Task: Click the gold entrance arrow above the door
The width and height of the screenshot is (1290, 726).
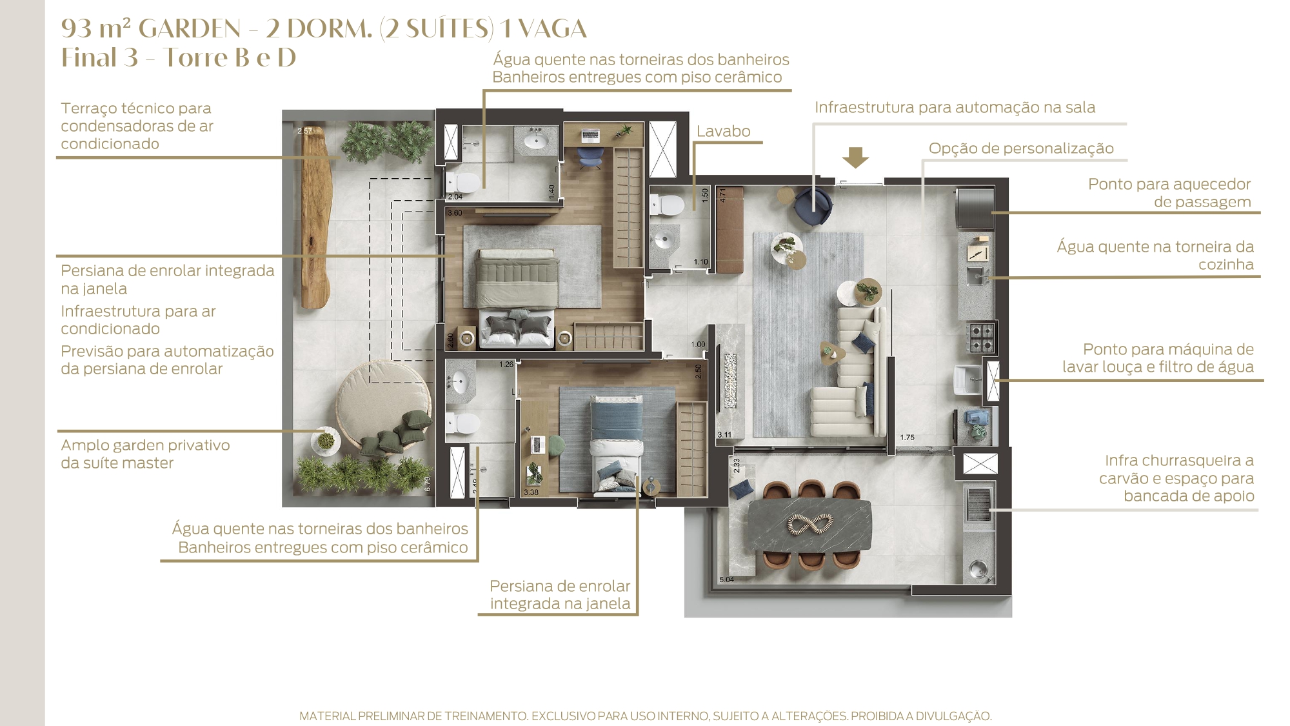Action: [855, 157]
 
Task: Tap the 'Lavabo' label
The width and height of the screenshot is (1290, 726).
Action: [723, 131]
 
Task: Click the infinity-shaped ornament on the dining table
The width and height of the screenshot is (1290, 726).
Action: [810, 525]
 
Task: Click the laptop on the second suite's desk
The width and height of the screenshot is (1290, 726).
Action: [538, 445]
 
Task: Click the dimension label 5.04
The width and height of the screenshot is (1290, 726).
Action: [726, 580]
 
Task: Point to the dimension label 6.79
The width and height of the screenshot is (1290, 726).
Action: [427, 484]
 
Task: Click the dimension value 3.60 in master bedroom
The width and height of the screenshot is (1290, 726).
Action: [455, 212]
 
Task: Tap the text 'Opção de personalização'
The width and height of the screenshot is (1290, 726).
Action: [1021, 148]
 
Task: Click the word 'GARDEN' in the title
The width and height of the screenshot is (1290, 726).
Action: [190, 29]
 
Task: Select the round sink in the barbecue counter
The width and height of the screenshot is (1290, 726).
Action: [978, 569]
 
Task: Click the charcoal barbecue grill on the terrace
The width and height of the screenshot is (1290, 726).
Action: [978, 505]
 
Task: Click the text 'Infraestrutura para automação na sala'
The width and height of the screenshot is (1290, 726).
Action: [955, 107]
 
